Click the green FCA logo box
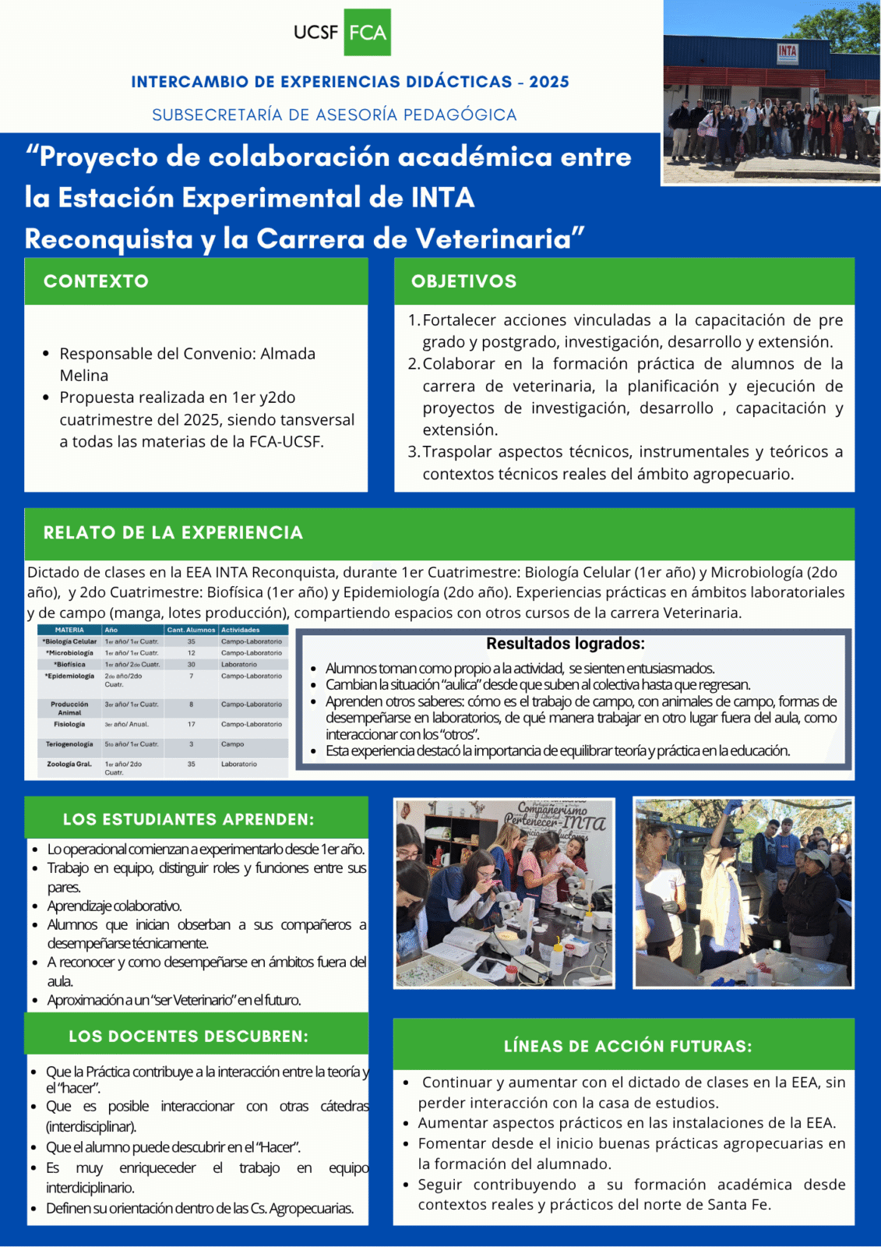tap(367, 32)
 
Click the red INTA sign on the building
tap(788, 51)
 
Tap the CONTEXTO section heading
tap(96, 281)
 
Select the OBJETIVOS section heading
tap(463, 281)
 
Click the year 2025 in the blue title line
tap(549, 82)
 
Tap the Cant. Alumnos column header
tap(191, 630)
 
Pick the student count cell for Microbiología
tap(191, 653)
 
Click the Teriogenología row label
tap(69, 744)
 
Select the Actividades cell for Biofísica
tap(238, 665)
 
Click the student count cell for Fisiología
tap(191, 724)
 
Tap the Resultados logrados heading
tap(565, 644)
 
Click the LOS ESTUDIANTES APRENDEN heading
tap(189, 819)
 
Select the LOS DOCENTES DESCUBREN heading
tap(189, 1037)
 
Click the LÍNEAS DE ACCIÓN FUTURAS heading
tap(628, 1046)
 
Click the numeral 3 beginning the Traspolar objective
tap(413, 452)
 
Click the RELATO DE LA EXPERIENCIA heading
tap(173, 533)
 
